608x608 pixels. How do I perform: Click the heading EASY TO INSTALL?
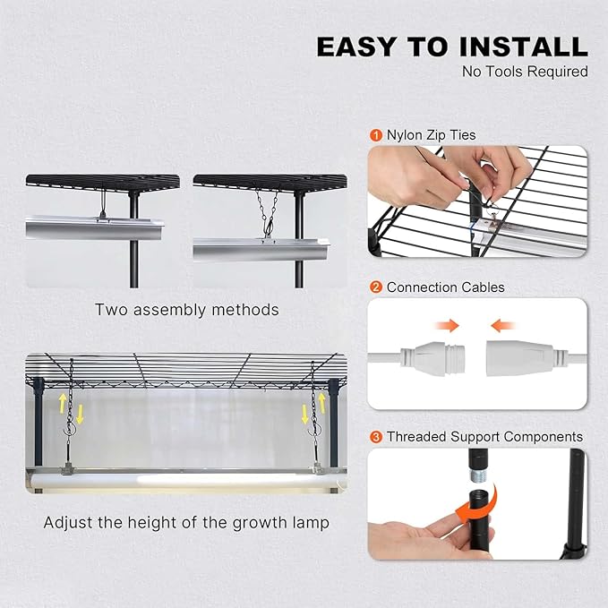[452, 47]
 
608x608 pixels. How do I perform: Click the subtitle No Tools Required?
[525, 71]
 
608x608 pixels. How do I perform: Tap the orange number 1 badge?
[376, 135]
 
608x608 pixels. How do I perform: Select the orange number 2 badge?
[376, 287]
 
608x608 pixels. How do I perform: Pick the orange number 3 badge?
[376, 437]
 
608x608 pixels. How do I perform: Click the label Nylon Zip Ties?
[431, 135]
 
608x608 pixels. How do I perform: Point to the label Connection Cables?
[445, 287]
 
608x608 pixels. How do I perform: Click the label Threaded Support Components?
[484, 437]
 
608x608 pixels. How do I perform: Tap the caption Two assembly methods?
[187, 310]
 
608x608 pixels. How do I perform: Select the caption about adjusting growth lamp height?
[186, 522]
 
